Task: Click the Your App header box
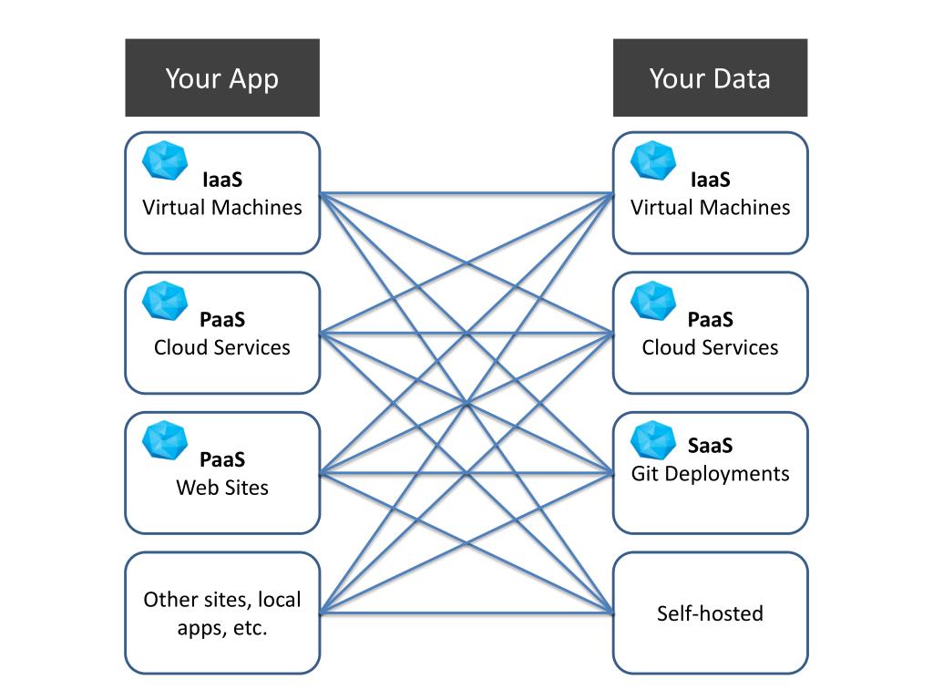(222, 77)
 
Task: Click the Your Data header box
(710, 77)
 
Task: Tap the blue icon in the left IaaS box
(165, 160)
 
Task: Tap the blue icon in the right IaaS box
(653, 160)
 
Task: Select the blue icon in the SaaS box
(653, 439)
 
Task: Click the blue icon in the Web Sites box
(165, 439)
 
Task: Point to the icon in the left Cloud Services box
(165, 300)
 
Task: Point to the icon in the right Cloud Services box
(653, 300)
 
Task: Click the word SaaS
(711, 447)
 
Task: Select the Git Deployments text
(710, 474)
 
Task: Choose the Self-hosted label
(710, 613)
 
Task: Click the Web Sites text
(222, 488)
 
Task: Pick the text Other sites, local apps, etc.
(222, 613)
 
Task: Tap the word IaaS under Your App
(222, 180)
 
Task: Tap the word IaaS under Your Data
(711, 180)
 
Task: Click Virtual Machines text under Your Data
(710, 208)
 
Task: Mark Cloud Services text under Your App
(222, 347)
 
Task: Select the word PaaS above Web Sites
(222, 460)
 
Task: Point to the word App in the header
(253, 79)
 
